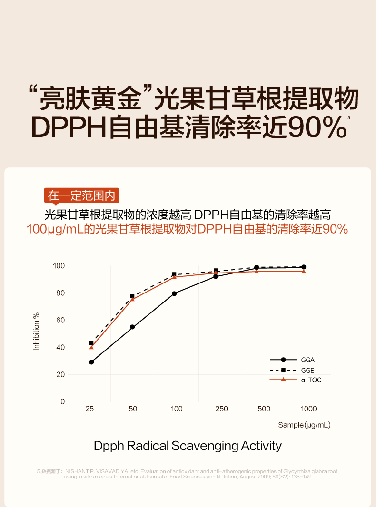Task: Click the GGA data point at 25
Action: pyautogui.click(x=91, y=362)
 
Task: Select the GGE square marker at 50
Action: pyautogui.click(x=132, y=296)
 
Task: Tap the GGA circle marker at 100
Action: pyautogui.click(x=174, y=293)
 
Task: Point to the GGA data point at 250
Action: pyautogui.click(x=216, y=276)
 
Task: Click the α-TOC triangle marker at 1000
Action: pyautogui.click(x=304, y=271)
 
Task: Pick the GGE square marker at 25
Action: pyautogui.click(x=91, y=343)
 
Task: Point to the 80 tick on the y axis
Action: pyautogui.click(x=60, y=293)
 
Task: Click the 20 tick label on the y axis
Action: pyautogui.click(x=60, y=375)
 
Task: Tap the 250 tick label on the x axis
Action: pyautogui.click(x=221, y=409)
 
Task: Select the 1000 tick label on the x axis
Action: pyautogui.click(x=308, y=409)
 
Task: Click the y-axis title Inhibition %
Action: pyautogui.click(x=36, y=331)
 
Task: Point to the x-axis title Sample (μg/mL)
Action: pyautogui.click(x=304, y=425)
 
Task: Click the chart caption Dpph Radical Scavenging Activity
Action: pyautogui.click(x=188, y=446)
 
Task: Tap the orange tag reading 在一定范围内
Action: pyautogui.click(x=82, y=195)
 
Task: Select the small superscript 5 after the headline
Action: pyautogui.click(x=349, y=117)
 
